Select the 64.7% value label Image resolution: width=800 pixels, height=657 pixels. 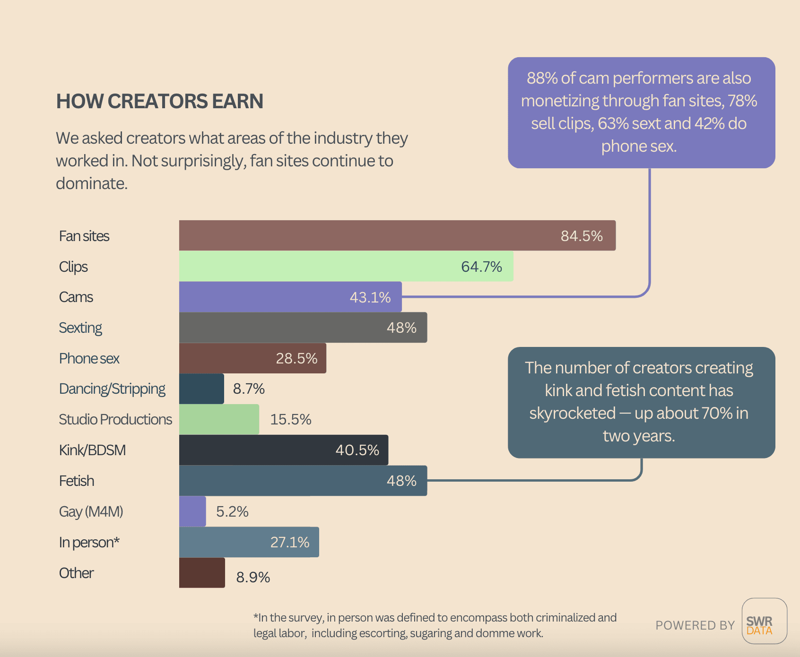[x=481, y=267]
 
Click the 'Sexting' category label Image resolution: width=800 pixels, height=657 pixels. [x=80, y=328]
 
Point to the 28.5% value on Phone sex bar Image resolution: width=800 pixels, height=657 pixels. [x=296, y=358]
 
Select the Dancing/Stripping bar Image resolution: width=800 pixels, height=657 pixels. [x=201, y=389]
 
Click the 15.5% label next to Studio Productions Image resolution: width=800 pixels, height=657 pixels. [x=290, y=419]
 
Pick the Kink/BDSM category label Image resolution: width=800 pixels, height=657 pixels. [x=92, y=450]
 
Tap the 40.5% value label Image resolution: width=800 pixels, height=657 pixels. [x=357, y=450]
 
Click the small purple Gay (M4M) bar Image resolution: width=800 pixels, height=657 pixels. [x=192, y=511]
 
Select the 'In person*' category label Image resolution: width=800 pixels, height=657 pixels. [x=89, y=542]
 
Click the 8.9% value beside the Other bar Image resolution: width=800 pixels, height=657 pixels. [x=253, y=577]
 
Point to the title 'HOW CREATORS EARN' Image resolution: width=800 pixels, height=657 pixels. [x=160, y=101]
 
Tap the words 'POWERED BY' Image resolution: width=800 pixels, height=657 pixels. [x=695, y=625]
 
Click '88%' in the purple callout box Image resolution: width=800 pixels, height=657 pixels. [x=542, y=78]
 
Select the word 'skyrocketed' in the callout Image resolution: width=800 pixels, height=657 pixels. [x=572, y=413]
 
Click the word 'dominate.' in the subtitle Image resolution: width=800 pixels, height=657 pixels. [x=92, y=183]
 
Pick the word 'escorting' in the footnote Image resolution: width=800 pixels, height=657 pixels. [x=383, y=633]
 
